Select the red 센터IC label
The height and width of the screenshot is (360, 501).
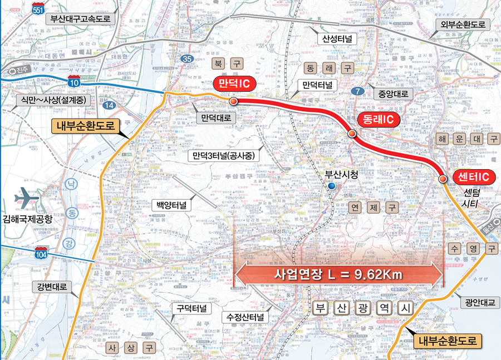point(473,177)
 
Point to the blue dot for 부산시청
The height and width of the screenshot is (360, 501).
point(332,186)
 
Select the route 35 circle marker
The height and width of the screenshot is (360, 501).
point(188,59)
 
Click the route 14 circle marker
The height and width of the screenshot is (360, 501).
point(110,105)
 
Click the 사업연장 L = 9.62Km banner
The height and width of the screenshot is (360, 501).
point(339,274)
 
